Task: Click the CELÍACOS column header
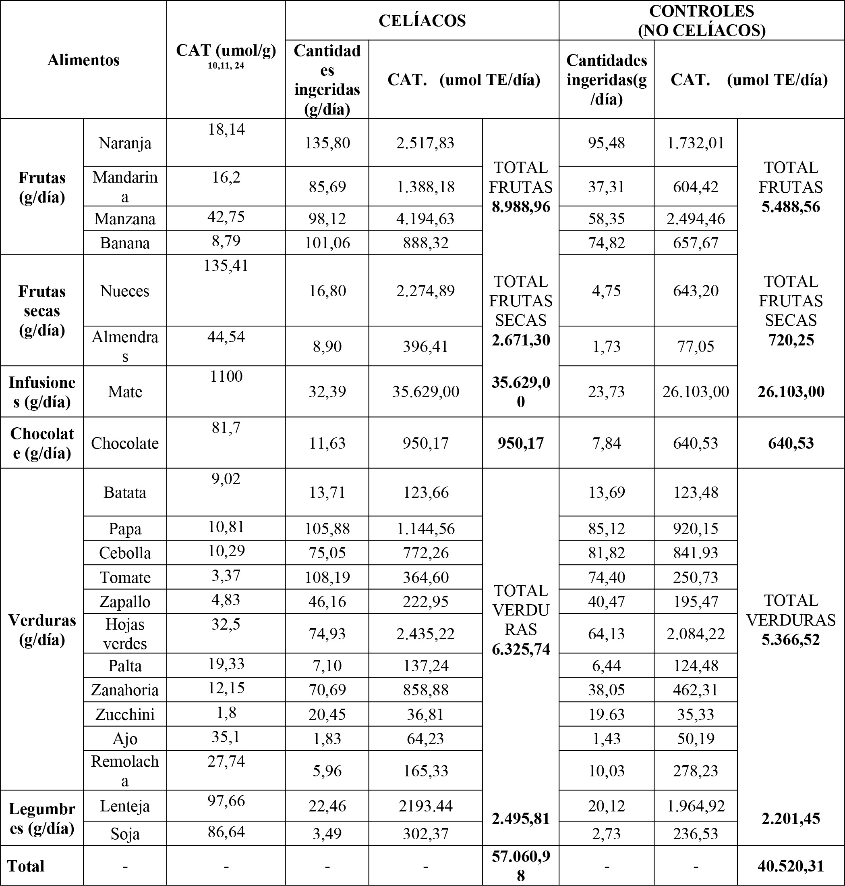[x=422, y=21]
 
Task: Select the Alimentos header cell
[x=83, y=60]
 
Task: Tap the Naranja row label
[x=125, y=144]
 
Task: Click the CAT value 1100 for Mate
[x=226, y=376]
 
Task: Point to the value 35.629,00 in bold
[x=521, y=392]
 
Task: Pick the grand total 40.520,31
[x=791, y=866]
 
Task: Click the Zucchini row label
[x=125, y=714]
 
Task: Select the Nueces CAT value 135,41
[x=226, y=266]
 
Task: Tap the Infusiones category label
[x=42, y=392]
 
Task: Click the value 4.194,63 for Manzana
[x=425, y=219]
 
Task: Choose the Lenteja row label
[x=125, y=806]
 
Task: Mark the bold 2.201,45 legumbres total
[x=791, y=818]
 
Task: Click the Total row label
[x=26, y=866]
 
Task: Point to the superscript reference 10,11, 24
[x=226, y=66]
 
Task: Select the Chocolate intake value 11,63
[x=327, y=443]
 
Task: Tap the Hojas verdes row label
[x=125, y=634]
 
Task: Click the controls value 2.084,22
[x=696, y=634]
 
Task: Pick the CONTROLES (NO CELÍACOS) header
[x=702, y=21]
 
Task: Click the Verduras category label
[x=42, y=630]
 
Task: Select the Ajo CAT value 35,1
[x=226, y=737]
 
